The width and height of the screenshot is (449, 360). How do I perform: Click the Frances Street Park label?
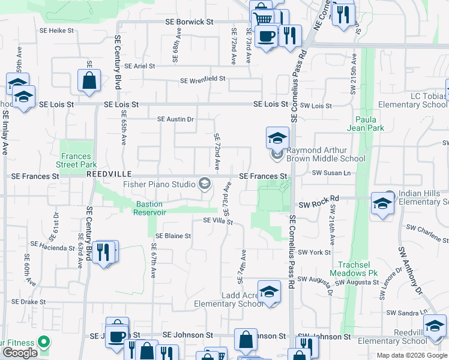click(76, 160)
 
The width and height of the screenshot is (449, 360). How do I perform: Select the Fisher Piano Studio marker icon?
click(205, 184)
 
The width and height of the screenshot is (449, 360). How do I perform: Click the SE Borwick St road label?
click(189, 22)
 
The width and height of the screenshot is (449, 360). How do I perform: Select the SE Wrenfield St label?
click(203, 79)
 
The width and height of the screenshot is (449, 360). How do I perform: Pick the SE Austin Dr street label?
click(175, 119)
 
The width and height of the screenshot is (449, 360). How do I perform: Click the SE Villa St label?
click(217, 221)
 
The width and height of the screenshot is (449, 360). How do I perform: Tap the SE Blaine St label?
click(173, 236)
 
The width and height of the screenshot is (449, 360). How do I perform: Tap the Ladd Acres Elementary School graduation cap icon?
click(270, 292)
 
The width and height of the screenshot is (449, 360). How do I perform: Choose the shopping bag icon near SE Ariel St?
click(89, 81)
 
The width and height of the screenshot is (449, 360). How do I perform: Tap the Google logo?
click(20, 352)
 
